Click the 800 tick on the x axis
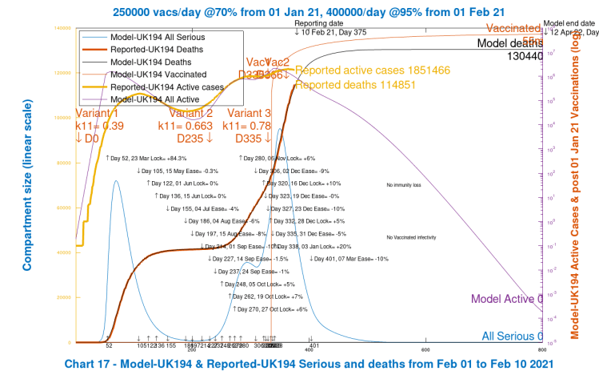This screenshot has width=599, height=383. pos(542,349)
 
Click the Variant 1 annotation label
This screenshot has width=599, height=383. pos(100,113)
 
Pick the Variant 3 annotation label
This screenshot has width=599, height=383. pos(250,113)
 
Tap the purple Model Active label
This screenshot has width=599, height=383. pos(503,299)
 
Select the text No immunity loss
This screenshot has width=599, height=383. pos(403,185)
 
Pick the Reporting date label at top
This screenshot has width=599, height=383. pos(323,23)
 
